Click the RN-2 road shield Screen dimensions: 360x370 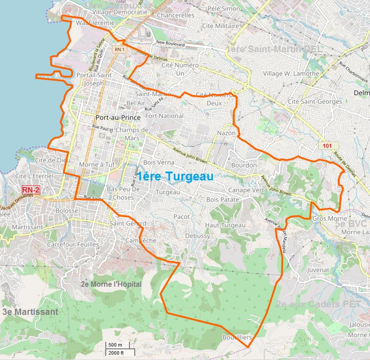pyautogui.click(x=31, y=189)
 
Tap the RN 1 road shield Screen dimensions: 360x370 pyautogui.click(x=120, y=49)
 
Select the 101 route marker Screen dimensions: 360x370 pyautogui.click(x=327, y=146)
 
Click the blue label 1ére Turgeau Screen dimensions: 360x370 pyautogui.click(x=175, y=176)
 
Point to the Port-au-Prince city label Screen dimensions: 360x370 pyautogui.click(x=118, y=118)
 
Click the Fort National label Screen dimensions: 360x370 pyautogui.click(x=164, y=116)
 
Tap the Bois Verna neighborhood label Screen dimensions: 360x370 pyautogui.click(x=159, y=162)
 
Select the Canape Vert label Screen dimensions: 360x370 pyautogui.click(x=246, y=190)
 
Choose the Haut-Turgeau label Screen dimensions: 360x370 pyautogui.click(x=225, y=225)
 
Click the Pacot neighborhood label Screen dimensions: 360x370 pyautogui.click(x=181, y=217)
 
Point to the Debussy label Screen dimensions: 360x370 pyautogui.click(x=197, y=236)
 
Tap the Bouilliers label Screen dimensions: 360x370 pyautogui.click(x=237, y=337)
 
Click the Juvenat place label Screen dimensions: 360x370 pyautogui.click(x=318, y=269)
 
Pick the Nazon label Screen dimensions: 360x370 pyautogui.click(x=226, y=133)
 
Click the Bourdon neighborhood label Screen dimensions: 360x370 pyautogui.click(x=244, y=165)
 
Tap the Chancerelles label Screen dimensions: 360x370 pyautogui.click(x=176, y=15)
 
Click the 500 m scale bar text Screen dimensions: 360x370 pyautogui.click(x=115, y=345)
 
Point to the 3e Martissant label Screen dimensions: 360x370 pyautogui.click(x=30, y=312)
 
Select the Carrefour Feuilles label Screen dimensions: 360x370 pyautogui.click(x=73, y=244)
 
